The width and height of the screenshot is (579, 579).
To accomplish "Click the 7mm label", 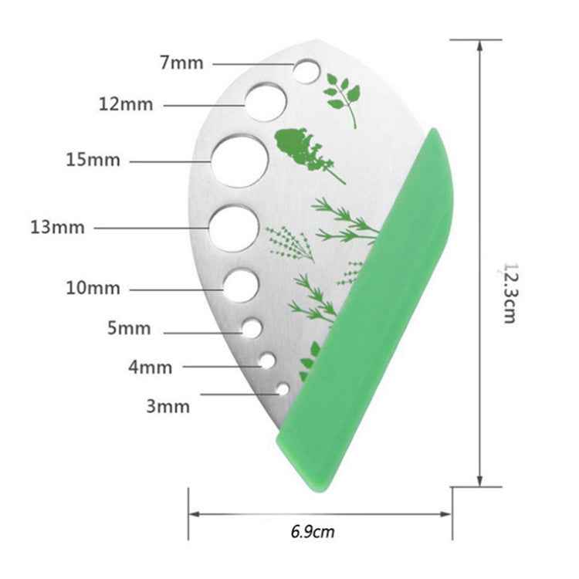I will (181, 63).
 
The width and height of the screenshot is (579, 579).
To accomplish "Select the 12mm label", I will (126, 103).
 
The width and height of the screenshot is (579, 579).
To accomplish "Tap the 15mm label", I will (93, 161).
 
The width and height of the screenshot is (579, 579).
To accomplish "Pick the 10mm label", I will (93, 289).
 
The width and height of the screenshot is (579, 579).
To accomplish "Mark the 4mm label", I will (150, 367).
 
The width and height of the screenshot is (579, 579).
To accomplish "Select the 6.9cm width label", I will (313, 532).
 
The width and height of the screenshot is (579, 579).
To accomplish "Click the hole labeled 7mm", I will (306, 71).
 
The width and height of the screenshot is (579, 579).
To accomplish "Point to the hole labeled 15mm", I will (241, 161).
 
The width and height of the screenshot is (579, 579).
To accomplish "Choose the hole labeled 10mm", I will (241, 285).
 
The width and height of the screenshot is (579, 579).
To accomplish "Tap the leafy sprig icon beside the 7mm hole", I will (341, 96).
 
